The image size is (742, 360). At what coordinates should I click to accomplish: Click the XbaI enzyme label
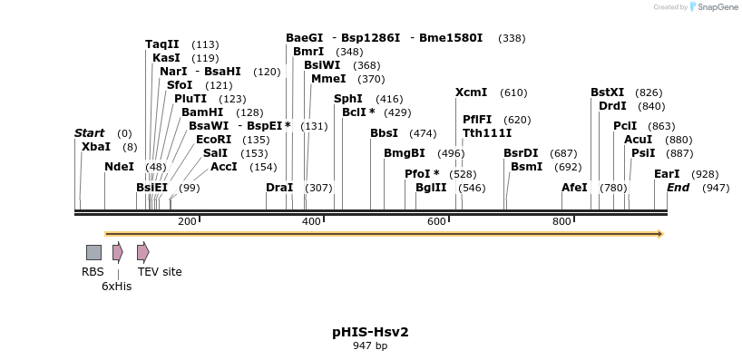coord(96,146)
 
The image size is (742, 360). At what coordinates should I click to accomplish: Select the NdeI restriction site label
coord(119,167)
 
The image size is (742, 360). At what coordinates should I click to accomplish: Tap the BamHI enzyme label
coord(202,112)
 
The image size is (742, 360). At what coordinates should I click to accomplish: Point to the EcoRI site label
coord(213,140)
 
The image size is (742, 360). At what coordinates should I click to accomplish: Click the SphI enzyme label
coord(348,99)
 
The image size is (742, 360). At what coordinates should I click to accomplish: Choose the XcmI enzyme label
coord(472,92)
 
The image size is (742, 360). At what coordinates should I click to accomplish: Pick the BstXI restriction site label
coord(608,92)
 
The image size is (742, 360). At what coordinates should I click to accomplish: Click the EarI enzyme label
coord(667,173)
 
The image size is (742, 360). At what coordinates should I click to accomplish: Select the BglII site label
coord(431,188)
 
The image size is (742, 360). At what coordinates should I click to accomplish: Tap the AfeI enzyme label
coord(574,188)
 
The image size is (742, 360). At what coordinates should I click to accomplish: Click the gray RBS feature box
coord(93,252)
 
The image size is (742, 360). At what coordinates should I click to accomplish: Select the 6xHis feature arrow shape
coord(117,252)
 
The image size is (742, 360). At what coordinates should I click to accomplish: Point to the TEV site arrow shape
coord(142,252)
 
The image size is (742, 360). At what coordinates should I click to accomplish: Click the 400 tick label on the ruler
coord(312,221)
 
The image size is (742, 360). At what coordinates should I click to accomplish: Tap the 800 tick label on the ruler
coord(561,221)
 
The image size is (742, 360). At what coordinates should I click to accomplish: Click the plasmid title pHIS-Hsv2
coord(370,332)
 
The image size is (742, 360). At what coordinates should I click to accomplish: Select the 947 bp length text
coord(370,345)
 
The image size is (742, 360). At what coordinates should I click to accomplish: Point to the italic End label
coord(679,188)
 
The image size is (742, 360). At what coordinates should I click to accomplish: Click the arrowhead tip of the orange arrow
coord(662,234)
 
